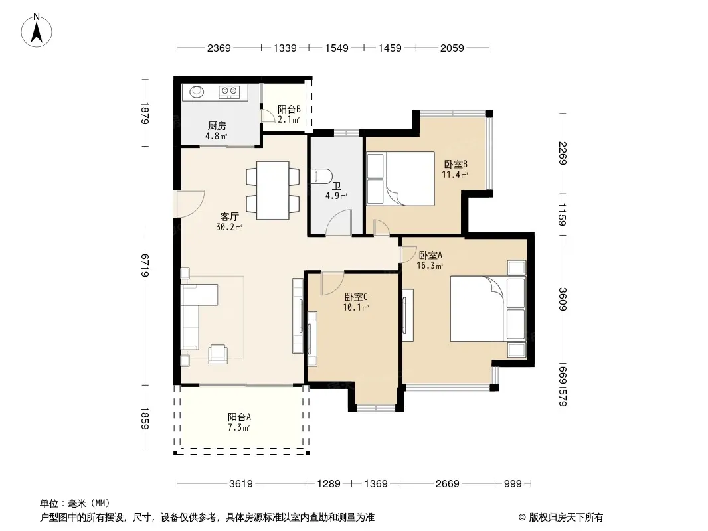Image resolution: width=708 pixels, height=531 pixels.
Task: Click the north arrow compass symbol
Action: tap(37, 30)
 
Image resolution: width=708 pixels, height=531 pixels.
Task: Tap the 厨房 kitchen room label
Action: tap(217, 126)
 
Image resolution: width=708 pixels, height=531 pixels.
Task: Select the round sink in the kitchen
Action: tap(197, 92)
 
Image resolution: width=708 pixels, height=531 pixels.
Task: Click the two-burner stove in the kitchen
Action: tap(228, 92)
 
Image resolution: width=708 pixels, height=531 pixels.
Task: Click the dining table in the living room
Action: tap(273, 190)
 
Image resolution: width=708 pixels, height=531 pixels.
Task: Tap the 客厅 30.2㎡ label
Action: tap(229, 222)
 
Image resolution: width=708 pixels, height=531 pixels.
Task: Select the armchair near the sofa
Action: tap(218, 354)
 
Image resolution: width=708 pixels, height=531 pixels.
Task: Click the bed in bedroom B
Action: tap(400, 179)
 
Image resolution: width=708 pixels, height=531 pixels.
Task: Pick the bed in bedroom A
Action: tap(488, 309)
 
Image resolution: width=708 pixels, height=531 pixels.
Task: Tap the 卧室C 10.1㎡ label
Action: tap(356, 302)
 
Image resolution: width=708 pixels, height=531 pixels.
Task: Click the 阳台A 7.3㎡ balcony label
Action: tap(239, 422)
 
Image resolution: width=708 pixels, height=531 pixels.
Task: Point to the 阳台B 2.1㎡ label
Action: tap(288, 114)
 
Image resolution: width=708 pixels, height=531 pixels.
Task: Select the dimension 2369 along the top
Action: tap(219, 48)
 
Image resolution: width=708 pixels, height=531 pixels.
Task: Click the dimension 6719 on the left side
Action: tap(145, 265)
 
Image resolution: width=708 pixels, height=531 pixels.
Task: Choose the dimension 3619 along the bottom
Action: tap(240, 484)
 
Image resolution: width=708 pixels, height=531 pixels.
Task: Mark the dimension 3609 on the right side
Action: tap(562, 299)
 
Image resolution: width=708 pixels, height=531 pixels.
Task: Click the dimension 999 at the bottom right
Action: tap(513, 484)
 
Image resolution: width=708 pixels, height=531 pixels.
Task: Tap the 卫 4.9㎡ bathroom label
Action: tap(336, 191)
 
